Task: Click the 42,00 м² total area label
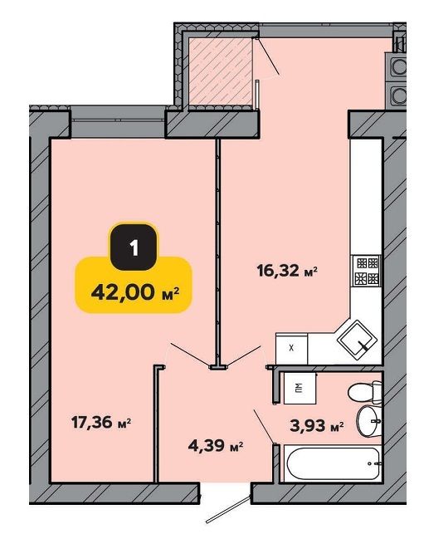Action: [135, 293]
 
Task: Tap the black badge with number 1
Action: [134, 247]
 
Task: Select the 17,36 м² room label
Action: [101, 422]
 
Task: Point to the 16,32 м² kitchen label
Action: [286, 272]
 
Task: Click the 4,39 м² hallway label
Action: [216, 446]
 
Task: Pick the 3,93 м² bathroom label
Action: [316, 426]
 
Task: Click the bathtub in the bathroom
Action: [333, 464]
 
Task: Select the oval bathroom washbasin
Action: [368, 420]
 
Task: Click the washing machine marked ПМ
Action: [300, 388]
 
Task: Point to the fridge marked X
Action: [291, 348]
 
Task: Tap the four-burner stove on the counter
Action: [365, 271]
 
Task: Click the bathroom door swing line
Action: [264, 426]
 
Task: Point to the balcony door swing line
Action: [267, 56]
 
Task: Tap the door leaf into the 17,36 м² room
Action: [191, 355]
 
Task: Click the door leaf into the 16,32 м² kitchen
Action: [244, 355]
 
